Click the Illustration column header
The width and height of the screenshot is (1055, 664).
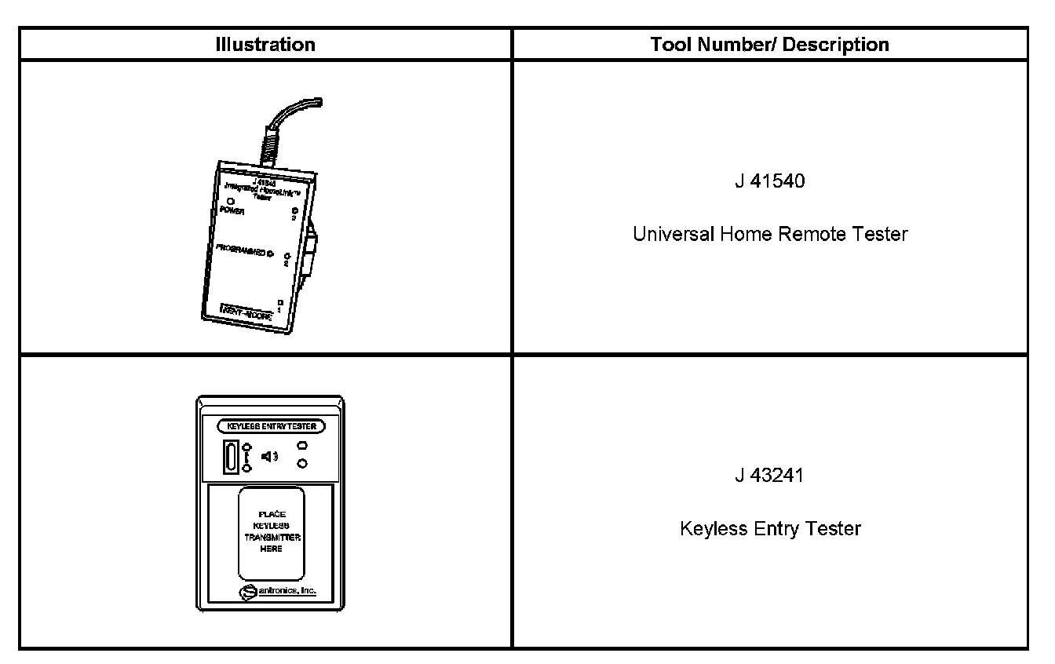tap(265, 45)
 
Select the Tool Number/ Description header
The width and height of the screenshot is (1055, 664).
tap(769, 45)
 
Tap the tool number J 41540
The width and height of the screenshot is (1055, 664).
tap(769, 182)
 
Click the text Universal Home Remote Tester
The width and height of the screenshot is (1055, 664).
tap(769, 234)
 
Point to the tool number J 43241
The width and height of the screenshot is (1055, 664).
tap(769, 476)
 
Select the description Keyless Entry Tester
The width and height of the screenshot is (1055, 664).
tap(769, 528)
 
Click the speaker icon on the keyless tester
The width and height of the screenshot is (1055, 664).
tap(268, 456)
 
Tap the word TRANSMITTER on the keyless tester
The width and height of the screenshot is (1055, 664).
tap(270, 537)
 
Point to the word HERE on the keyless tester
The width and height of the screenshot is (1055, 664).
tap(270, 549)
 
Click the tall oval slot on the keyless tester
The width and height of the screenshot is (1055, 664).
tap(231, 458)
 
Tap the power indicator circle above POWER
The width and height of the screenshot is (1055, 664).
tap(231, 202)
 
